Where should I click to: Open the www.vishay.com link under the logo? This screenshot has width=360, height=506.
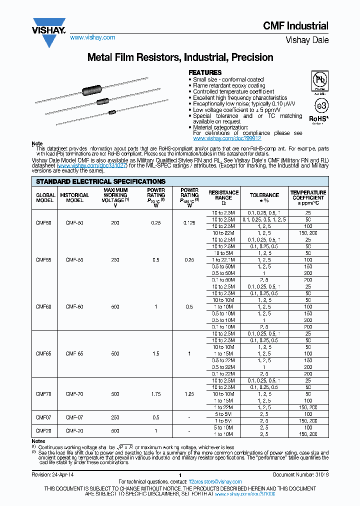point(92,37)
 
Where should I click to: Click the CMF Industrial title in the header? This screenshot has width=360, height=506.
point(296,26)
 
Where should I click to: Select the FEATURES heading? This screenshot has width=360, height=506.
point(204,72)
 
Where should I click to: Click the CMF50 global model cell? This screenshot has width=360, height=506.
point(43,222)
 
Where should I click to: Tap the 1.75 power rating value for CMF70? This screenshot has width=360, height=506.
point(156,394)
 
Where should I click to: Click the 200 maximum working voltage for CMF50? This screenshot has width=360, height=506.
point(115,222)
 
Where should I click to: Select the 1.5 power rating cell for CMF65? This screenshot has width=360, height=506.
point(156,353)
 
